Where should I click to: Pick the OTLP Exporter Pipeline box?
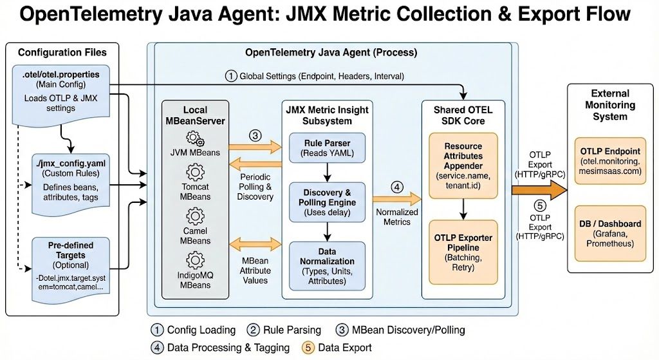[x=463, y=247]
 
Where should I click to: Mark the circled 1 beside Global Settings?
[x=230, y=76]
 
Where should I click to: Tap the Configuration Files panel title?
[x=62, y=52]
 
